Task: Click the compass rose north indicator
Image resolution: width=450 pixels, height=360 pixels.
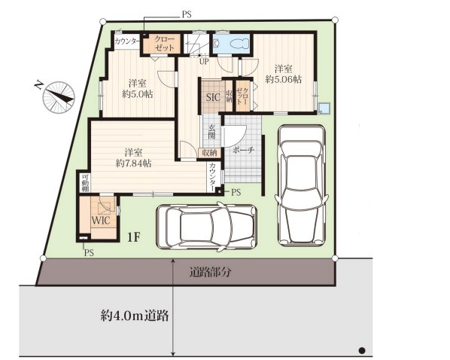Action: pyautogui.click(x=59, y=97)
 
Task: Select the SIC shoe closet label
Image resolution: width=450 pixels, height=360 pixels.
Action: pyautogui.click(x=213, y=97)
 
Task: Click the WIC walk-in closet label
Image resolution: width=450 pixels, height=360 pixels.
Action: pyautogui.click(x=101, y=221)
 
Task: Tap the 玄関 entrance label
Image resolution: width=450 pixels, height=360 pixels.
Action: pyautogui.click(x=211, y=132)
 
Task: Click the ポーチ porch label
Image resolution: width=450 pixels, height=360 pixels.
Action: pyautogui.click(x=243, y=151)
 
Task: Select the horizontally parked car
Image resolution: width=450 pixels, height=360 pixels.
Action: pyautogui.click(x=206, y=226)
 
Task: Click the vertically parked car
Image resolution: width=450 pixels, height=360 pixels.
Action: pyautogui.click(x=301, y=185)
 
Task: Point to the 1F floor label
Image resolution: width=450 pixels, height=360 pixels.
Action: pyautogui.click(x=134, y=237)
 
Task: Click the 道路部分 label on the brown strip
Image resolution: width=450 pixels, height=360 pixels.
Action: pyautogui.click(x=210, y=272)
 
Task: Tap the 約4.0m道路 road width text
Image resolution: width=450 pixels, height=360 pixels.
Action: pyautogui.click(x=135, y=316)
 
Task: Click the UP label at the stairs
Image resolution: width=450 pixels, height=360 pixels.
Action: pyautogui.click(x=204, y=61)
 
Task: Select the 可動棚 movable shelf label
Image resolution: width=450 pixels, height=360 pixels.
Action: pyautogui.click(x=85, y=183)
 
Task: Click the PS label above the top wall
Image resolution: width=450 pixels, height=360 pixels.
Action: pyautogui.click(x=187, y=14)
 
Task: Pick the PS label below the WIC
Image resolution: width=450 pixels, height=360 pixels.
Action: pyautogui.click(x=89, y=253)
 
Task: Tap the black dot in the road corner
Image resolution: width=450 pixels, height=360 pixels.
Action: pyautogui.click(x=362, y=350)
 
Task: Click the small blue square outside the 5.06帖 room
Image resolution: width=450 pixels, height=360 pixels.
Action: pyautogui.click(x=324, y=108)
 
